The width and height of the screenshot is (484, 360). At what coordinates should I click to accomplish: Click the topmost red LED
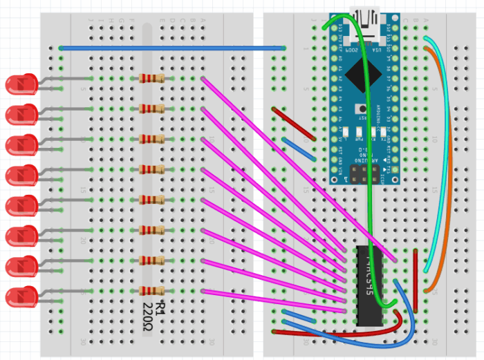[x=21, y=84]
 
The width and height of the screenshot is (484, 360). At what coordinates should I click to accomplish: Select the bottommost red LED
[x=21, y=297]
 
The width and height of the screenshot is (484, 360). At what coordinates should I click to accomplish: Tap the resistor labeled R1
[x=152, y=291]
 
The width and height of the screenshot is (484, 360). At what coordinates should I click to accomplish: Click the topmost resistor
[x=152, y=78]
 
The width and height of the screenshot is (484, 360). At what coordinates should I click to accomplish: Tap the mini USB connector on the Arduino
[x=365, y=17]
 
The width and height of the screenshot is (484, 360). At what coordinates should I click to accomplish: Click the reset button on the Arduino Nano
[x=361, y=109]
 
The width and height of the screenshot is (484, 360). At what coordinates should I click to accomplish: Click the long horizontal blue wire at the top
[x=173, y=48]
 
